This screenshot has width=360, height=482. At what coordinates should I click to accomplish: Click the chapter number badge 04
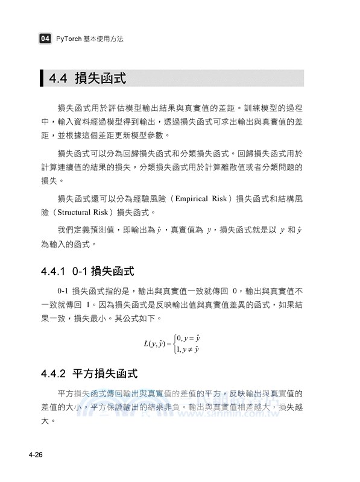45,39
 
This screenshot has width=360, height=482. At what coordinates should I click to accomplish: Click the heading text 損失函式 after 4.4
100,78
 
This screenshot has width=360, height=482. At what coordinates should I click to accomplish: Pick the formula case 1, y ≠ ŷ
189,350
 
